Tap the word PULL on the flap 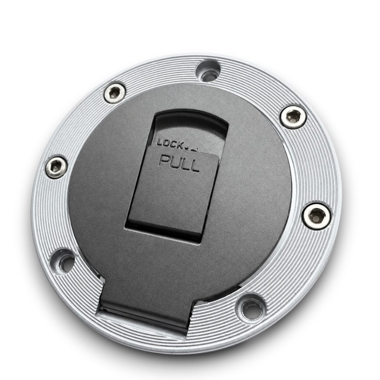[180, 164]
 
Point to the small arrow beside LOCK [195, 150]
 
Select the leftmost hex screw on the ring [56, 167]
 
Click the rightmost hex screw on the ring [317, 215]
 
